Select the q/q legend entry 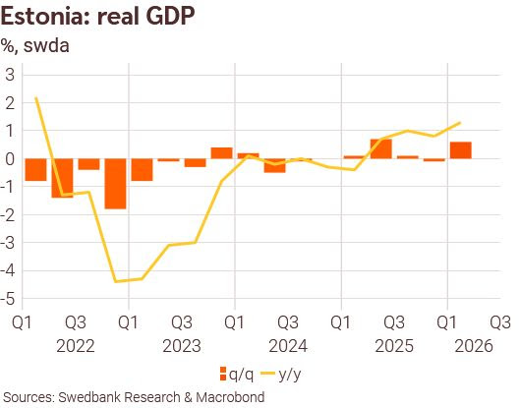233,373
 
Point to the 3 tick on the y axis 11,75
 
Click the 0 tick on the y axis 11,158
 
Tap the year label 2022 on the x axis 74,345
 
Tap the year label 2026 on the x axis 473,345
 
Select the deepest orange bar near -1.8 115,183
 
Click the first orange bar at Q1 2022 36,169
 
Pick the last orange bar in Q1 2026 460,149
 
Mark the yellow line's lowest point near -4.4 116,281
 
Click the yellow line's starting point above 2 36,97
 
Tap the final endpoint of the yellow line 460,123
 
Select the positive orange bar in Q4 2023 221,152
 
